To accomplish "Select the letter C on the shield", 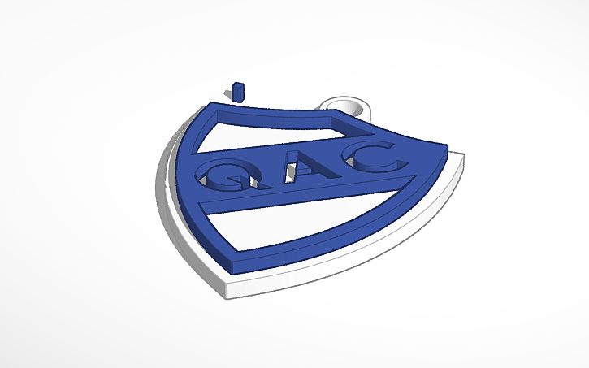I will pyautogui.click(x=370, y=158).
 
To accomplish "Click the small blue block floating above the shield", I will pyautogui.click(x=238, y=89).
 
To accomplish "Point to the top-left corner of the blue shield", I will pyautogui.click(x=213, y=106).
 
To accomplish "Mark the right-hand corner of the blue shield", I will pyautogui.click(x=446, y=145).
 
